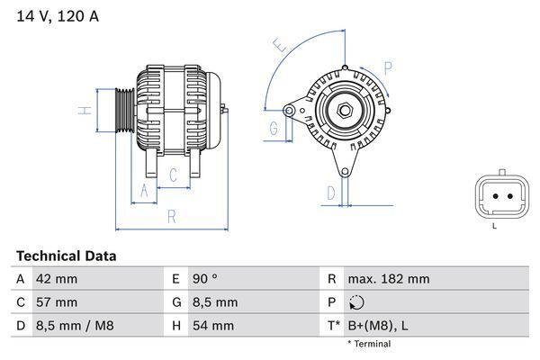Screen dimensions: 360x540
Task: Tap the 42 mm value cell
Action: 57,279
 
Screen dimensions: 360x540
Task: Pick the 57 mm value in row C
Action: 57,302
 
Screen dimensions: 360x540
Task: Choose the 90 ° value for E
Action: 202,279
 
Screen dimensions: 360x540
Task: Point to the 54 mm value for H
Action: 211,326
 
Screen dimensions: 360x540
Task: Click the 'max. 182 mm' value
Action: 389,279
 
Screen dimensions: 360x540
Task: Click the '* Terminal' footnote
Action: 370,344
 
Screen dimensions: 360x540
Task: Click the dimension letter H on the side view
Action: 82,111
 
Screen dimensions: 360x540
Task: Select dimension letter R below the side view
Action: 170,217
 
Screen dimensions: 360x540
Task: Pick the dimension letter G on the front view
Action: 273,130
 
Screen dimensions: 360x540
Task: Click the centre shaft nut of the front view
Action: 346,110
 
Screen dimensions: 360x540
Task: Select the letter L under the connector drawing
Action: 494,226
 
